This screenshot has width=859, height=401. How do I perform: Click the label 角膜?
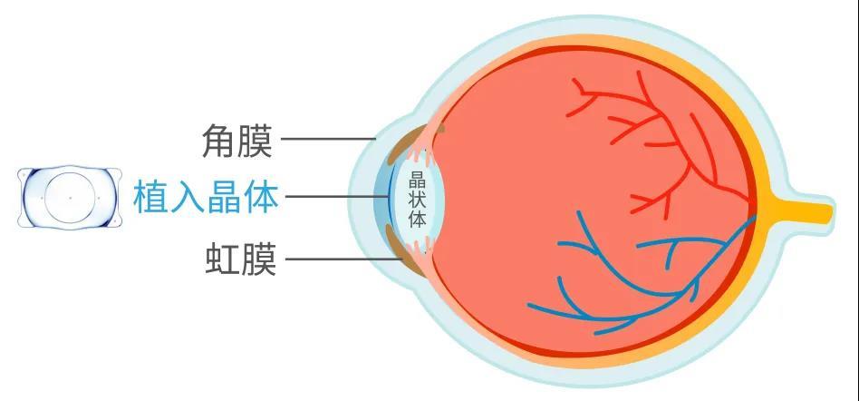236,141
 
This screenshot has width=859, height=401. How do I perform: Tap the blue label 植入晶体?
206,198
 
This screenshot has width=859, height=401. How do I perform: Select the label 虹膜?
240,259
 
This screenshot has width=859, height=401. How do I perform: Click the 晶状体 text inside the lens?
418,200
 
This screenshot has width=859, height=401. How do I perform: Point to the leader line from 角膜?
328,140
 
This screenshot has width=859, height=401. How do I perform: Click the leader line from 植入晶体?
338,196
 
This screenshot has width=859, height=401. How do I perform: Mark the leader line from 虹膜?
342,259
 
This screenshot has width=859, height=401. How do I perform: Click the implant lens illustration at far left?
70,197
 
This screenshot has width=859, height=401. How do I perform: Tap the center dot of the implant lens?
70,197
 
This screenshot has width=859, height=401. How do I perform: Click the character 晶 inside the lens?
418,180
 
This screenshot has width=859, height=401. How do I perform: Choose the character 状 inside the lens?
418,200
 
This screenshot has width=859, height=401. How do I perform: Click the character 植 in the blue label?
151,198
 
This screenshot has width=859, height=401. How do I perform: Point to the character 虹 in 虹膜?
222,259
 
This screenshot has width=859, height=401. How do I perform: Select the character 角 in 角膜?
219,141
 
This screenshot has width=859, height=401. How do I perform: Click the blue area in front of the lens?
382,196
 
